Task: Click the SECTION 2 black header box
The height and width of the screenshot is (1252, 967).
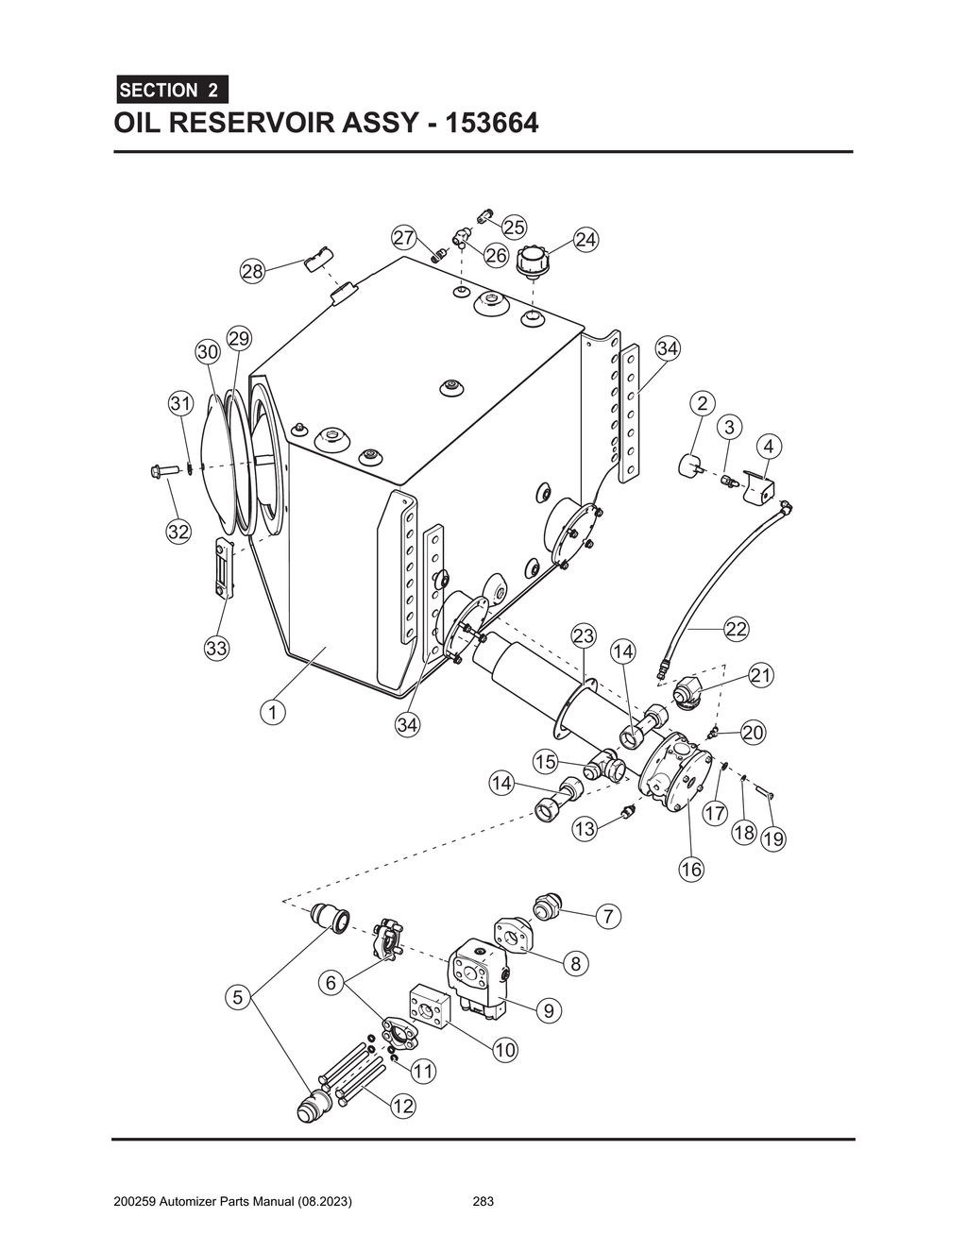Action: [170, 91]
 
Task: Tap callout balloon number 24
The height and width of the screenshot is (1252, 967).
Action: [585, 240]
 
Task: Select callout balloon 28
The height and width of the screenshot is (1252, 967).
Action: [252, 273]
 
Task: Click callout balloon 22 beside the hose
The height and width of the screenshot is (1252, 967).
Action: [737, 629]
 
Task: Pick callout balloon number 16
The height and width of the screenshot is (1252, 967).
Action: [691, 870]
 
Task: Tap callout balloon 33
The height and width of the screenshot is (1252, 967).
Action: [217, 649]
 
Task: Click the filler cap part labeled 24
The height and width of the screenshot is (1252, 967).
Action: [532, 259]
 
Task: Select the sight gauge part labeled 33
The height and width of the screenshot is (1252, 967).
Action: [223, 567]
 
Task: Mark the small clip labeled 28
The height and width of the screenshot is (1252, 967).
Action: [318, 256]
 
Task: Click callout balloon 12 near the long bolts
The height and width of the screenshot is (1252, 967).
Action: [403, 1106]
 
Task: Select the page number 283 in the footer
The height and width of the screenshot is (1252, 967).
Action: [483, 1202]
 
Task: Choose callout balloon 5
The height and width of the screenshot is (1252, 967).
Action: [238, 996]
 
